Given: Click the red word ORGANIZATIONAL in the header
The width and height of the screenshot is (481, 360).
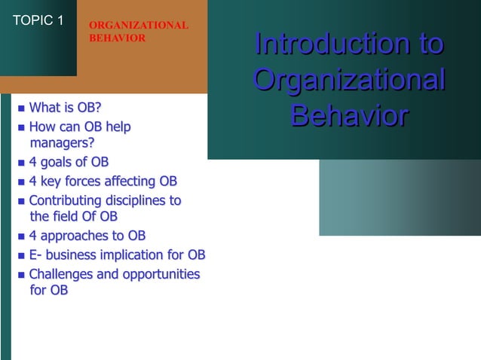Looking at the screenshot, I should tap(139, 26).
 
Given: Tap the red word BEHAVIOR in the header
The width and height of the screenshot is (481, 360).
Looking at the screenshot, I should tap(118, 38).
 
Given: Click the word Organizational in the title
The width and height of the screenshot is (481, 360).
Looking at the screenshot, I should tap(348, 81).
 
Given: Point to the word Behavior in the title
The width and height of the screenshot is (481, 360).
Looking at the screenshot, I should tap(348, 117).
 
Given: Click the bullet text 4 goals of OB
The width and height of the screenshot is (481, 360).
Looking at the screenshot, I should tap(69, 162).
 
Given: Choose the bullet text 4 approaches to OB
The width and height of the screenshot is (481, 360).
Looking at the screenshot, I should tap(87, 236).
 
